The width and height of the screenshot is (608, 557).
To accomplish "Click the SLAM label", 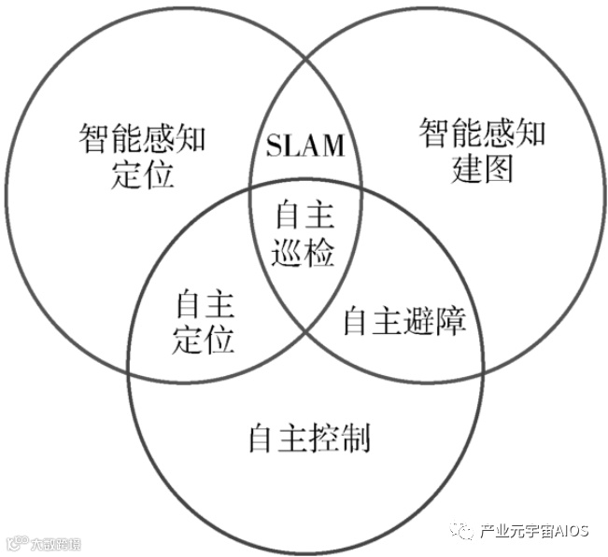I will (305, 146).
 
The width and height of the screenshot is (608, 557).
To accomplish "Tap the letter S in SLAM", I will (274, 146).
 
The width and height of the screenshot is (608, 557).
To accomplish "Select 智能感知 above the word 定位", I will (143, 141).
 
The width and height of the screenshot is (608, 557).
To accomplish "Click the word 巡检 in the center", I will (304, 252).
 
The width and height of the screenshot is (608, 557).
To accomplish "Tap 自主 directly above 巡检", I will (304, 216).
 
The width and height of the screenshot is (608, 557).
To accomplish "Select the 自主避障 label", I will (403, 321).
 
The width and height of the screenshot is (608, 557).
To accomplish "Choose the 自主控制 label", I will (309, 436).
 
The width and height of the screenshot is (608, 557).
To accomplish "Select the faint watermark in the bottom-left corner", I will (42, 542).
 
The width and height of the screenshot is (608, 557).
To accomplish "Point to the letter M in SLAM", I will (332, 146).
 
